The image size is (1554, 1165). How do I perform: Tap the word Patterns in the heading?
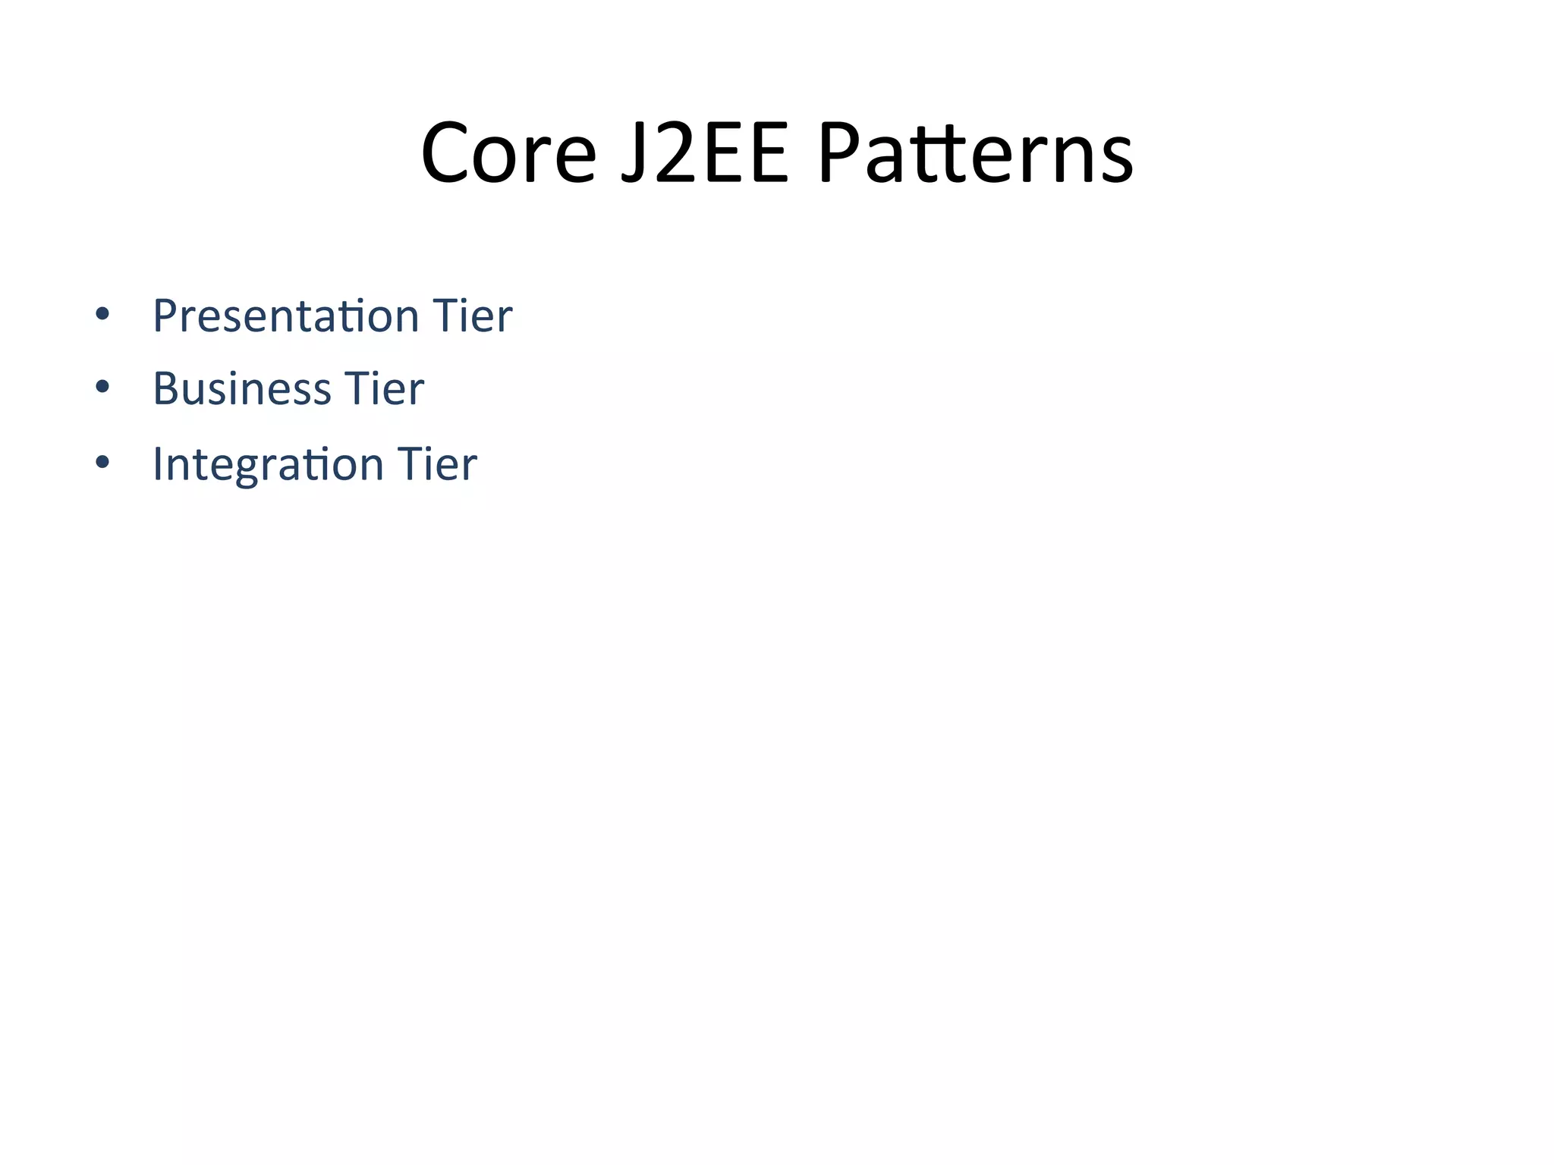pos(975,154)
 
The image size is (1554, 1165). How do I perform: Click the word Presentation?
pos(286,316)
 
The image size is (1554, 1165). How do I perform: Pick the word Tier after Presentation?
pos(472,316)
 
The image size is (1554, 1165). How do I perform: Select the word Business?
pos(242,389)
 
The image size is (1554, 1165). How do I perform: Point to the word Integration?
pos(268,463)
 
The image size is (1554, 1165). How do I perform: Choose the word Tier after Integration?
pos(437,463)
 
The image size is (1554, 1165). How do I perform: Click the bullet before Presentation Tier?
pos(102,314)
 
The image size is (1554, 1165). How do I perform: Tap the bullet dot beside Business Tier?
pos(102,388)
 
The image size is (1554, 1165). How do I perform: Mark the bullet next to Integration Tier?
pos(102,462)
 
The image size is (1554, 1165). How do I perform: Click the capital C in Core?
pos(446,154)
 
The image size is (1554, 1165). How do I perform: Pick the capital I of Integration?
pos(158,463)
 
